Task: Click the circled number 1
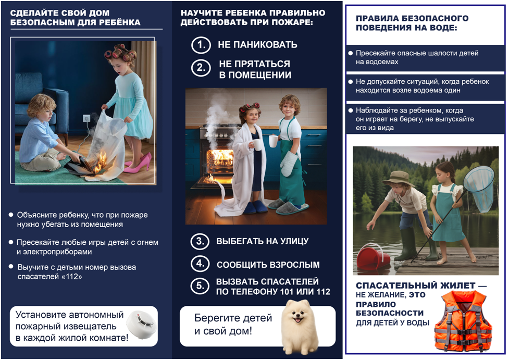tap(200, 45)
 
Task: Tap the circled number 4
tap(200, 264)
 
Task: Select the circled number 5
tap(200, 286)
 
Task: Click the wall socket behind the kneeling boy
tap(87, 119)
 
